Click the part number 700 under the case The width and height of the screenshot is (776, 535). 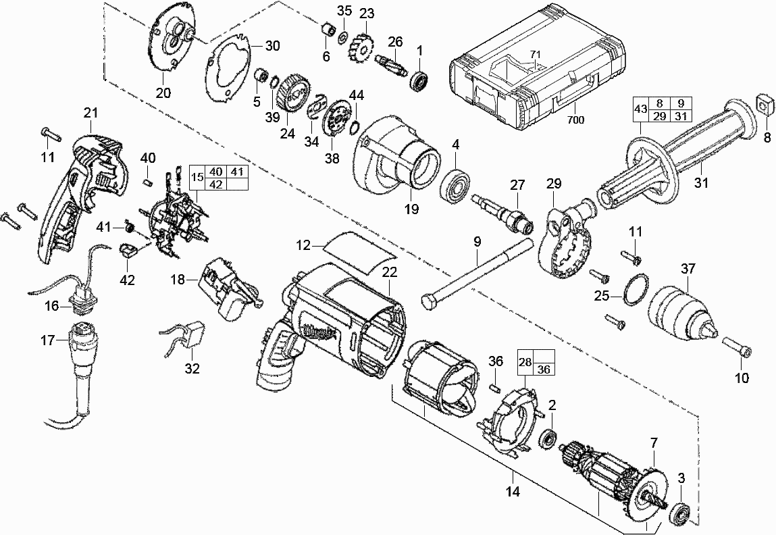(576, 120)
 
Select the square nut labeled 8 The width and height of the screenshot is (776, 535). (766, 103)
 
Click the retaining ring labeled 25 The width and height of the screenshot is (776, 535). (635, 291)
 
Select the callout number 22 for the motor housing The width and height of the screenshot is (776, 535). (389, 272)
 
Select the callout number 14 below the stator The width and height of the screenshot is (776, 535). (513, 492)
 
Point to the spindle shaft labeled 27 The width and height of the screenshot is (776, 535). (506, 211)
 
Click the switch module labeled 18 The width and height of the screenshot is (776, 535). (226, 288)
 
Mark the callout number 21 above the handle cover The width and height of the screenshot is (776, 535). (91, 112)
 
